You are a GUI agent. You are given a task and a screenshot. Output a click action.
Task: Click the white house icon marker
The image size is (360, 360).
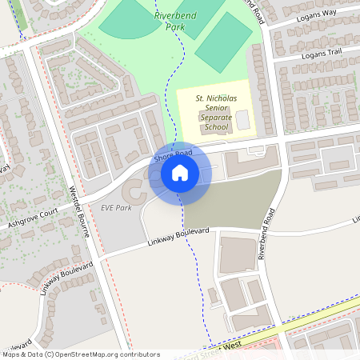pos(179,173)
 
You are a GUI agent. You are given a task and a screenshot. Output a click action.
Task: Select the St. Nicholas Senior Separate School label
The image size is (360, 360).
pos(216,112)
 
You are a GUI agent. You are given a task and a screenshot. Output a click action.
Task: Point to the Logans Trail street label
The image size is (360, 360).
pos(322,54)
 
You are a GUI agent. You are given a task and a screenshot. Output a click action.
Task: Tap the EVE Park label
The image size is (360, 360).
pos(116,207)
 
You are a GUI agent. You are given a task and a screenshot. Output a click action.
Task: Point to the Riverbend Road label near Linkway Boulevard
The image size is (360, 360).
pos(266,234)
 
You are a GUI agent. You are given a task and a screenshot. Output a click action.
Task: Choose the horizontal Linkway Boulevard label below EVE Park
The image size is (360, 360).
pos(178,237)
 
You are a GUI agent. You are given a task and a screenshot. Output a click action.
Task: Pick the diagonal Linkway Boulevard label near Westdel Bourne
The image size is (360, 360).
pos(65,278)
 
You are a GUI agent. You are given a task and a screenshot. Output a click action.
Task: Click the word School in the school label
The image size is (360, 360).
pos(216,127)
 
